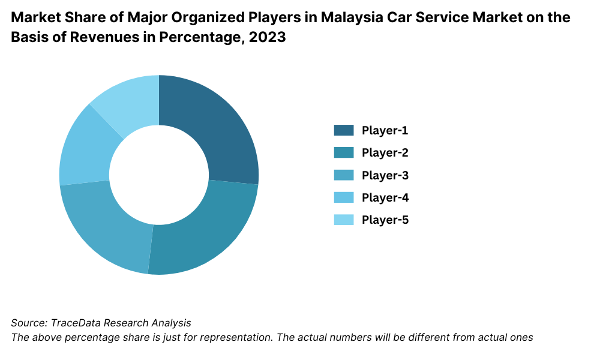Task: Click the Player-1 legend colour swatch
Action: pos(344,130)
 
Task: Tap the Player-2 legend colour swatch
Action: pos(344,152)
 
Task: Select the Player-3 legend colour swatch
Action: pos(344,175)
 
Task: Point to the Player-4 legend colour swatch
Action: pos(344,197)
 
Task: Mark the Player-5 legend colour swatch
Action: pos(344,220)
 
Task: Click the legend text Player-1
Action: pos(385,130)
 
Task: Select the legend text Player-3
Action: pos(385,175)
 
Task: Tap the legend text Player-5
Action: pos(385,220)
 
